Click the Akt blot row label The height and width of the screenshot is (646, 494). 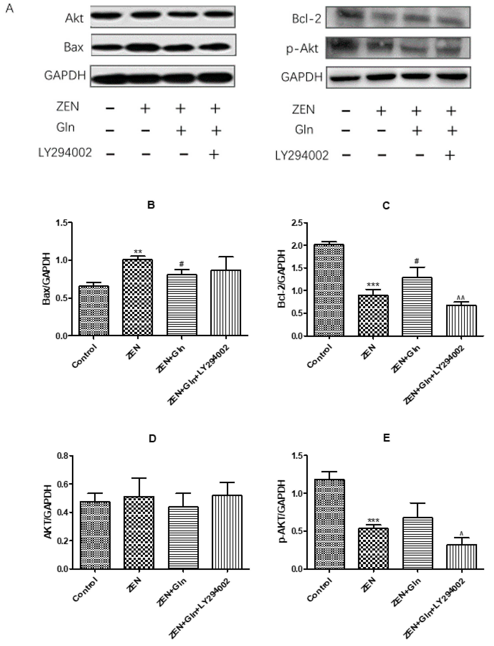74,19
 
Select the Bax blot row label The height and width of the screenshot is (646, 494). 74,47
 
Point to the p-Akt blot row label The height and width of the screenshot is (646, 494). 302,49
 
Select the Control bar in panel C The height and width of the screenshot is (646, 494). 329,290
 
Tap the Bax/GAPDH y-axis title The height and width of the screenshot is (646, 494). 46,279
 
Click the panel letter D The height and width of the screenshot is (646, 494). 152,438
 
